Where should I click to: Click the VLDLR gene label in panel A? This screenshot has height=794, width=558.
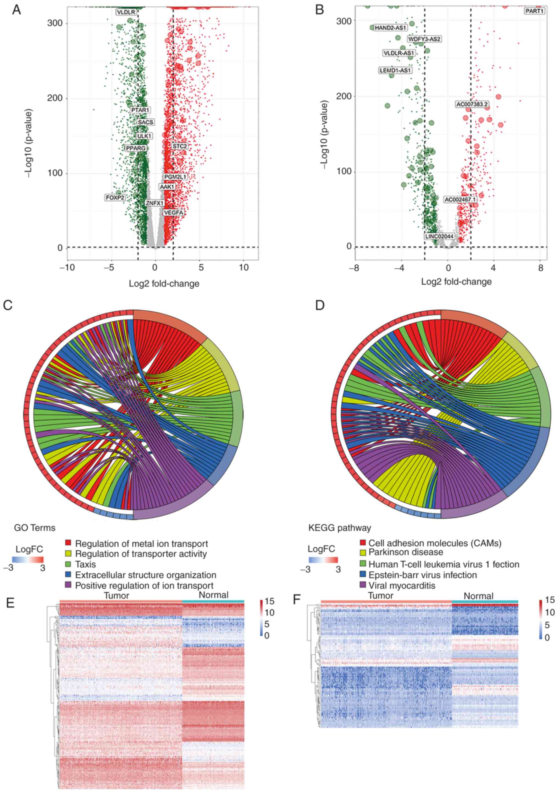point(126,12)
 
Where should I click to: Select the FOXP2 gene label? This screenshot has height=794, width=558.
point(115,198)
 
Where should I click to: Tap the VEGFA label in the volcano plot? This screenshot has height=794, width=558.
point(174,212)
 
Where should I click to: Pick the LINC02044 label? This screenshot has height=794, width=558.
point(439,236)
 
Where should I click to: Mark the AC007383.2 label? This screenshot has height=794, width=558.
point(472,104)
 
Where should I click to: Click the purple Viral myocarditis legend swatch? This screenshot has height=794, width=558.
point(363,585)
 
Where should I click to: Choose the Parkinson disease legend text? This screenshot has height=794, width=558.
point(405,552)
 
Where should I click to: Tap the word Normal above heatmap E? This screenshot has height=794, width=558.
point(213,595)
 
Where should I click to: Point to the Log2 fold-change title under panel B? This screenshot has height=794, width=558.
point(456,281)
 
